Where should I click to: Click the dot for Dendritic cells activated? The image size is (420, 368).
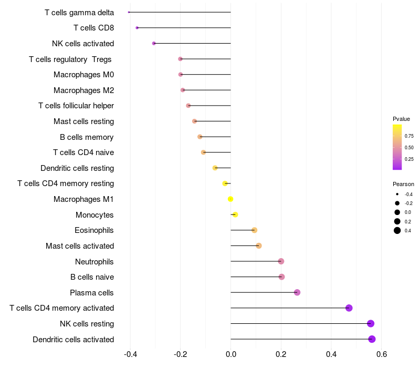click(x=372, y=339)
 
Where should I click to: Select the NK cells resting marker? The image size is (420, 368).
click(x=371, y=324)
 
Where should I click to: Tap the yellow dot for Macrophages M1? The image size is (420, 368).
click(x=230, y=199)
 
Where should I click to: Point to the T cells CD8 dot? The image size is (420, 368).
click(x=137, y=28)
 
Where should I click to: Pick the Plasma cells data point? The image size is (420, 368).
click(x=297, y=292)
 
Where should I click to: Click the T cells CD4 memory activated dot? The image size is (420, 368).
click(x=349, y=308)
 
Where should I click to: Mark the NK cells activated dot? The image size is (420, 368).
click(x=154, y=43)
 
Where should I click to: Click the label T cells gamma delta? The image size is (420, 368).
click(x=79, y=12)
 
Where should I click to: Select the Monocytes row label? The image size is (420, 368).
click(x=94, y=215)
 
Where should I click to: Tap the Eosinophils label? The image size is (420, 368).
click(x=94, y=230)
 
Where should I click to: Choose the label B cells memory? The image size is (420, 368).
click(x=87, y=137)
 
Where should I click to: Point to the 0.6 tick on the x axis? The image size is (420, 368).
click(x=381, y=354)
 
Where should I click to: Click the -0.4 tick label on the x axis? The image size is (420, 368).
click(x=130, y=354)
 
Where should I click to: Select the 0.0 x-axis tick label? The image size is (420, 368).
click(x=231, y=354)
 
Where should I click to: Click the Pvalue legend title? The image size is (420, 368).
click(x=401, y=119)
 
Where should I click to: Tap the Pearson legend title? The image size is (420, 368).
click(x=403, y=184)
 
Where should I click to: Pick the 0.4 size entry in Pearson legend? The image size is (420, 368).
click(x=397, y=231)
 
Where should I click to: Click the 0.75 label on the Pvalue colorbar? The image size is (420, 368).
click(x=409, y=136)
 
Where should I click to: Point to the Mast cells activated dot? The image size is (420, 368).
click(x=258, y=246)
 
